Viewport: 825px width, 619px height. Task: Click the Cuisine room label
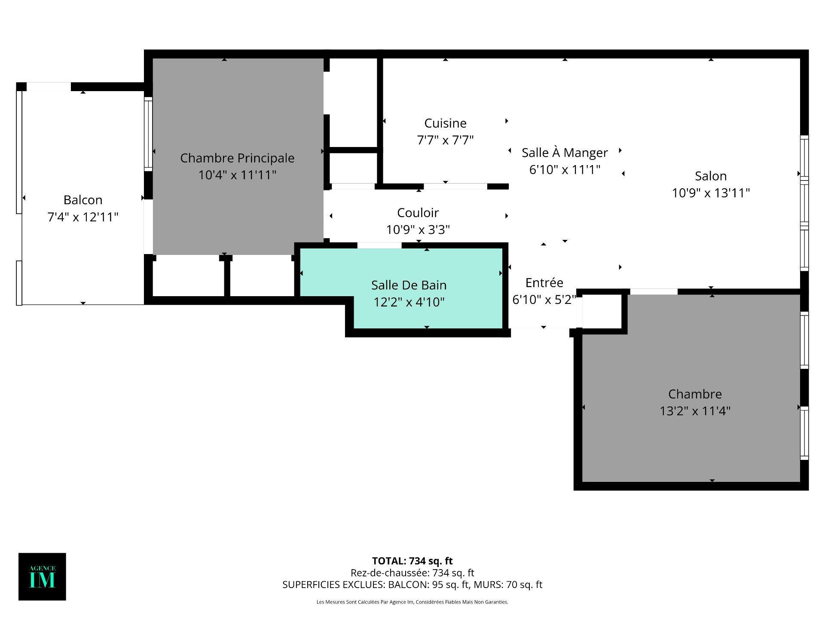(445, 123)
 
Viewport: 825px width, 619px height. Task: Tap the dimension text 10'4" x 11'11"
(237, 175)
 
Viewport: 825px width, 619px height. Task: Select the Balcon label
(83, 200)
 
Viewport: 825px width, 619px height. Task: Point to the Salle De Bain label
(409, 285)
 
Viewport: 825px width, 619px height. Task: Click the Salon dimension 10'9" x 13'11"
(711, 193)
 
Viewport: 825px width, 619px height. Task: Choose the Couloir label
(418, 213)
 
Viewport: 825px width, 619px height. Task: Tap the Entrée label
(544, 282)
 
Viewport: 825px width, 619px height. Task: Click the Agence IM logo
(42, 576)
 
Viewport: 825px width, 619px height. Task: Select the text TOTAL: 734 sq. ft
(412, 561)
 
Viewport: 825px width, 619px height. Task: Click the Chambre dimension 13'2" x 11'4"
(695, 411)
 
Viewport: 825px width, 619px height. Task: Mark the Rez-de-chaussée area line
(412, 573)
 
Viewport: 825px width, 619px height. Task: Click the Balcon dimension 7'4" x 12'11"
(83, 217)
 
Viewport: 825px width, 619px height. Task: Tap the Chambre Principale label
(237, 158)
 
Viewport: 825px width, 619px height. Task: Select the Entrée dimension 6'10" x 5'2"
(544, 300)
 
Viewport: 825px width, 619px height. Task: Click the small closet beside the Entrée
(602, 312)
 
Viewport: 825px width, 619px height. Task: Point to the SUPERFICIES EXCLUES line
(412, 585)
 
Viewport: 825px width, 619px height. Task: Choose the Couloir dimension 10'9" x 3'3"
(418, 230)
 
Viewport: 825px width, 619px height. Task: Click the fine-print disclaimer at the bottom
(412, 602)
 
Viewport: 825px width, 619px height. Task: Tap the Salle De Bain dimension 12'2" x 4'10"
(409, 302)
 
